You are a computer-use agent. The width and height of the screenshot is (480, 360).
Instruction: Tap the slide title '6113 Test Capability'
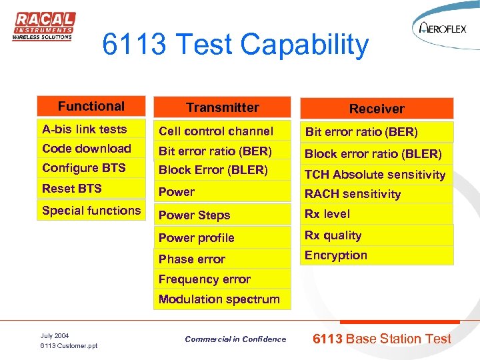tap(235, 45)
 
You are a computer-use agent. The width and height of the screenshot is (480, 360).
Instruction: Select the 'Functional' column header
tap(91, 107)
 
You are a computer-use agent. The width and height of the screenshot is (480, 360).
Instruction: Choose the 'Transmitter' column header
tap(222, 108)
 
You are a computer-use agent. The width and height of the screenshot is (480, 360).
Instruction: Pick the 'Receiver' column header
tap(377, 109)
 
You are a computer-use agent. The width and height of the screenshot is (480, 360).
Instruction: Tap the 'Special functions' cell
tap(91, 211)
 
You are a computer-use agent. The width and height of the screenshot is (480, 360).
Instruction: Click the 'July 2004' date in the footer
tap(55, 335)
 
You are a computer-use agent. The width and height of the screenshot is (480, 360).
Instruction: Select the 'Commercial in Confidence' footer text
tap(235, 339)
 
